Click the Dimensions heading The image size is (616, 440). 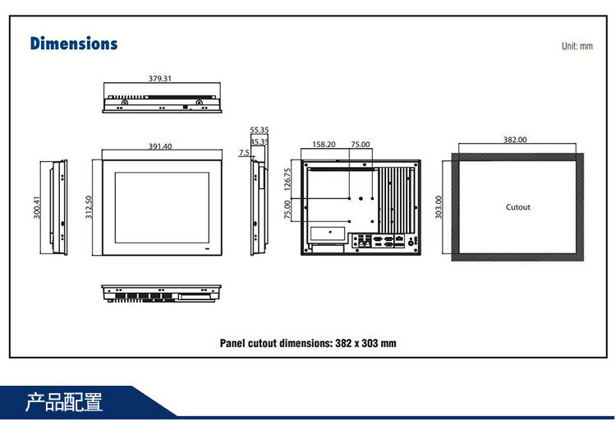click(x=74, y=44)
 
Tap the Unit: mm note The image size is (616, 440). click(x=577, y=46)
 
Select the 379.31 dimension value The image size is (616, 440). click(x=160, y=79)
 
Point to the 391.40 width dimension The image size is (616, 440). click(x=160, y=146)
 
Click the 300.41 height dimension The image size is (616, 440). click(x=36, y=207)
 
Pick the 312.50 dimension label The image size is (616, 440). click(x=89, y=206)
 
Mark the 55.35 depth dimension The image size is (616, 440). click(x=260, y=130)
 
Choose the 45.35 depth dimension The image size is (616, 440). click(x=260, y=141)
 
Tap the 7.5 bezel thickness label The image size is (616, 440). click(x=244, y=153)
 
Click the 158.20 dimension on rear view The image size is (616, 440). click(x=324, y=144)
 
